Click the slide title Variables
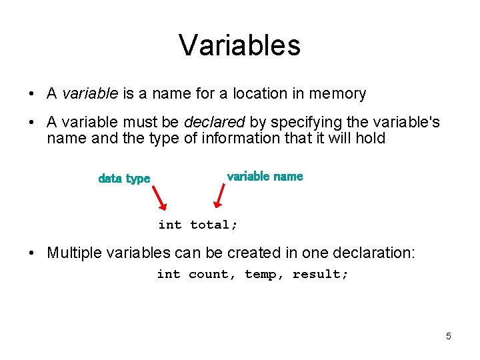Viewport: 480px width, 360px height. point(239,45)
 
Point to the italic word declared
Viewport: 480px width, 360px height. point(215,123)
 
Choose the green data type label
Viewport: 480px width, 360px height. point(124,179)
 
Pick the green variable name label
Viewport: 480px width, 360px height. point(265,177)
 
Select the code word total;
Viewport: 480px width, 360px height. point(214,225)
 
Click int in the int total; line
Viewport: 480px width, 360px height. point(169,225)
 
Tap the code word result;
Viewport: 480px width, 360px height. point(321,274)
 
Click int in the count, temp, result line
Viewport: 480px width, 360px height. point(168,274)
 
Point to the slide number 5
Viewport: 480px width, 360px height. point(449,336)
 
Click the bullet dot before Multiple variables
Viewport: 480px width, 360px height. point(33,253)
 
